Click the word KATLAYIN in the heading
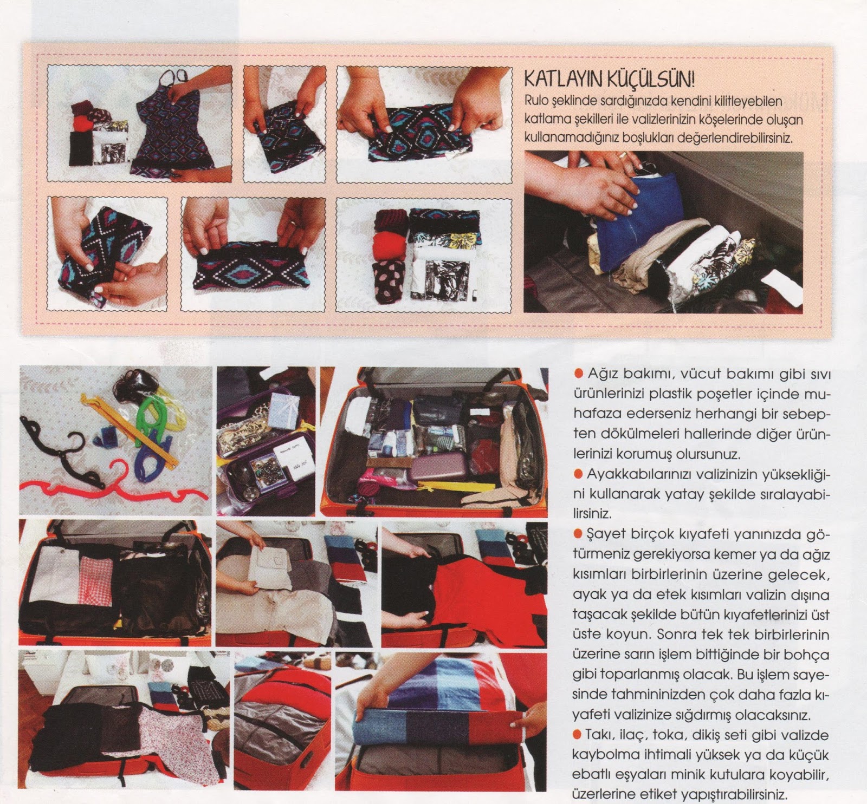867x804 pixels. [564, 80]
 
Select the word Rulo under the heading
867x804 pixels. [536, 101]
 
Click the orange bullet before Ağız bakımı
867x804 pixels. [578, 374]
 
